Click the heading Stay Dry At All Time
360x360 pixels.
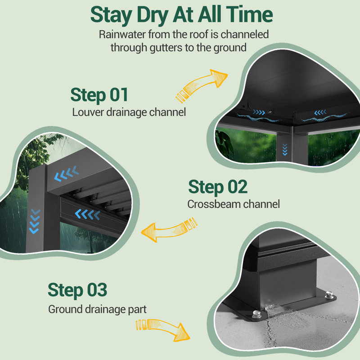[x=181, y=15]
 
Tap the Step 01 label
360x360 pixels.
[x=99, y=95]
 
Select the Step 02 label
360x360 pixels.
[x=218, y=187]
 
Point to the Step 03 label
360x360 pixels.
[x=77, y=290]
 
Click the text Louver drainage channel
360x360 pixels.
[x=129, y=112]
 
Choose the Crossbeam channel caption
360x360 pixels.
[x=234, y=204]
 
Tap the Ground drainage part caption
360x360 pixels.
[x=97, y=309]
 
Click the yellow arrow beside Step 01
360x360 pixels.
[x=202, y=85]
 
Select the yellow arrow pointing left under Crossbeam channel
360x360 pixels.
[x=169, y=229]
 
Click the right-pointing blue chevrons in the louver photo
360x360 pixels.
[x=259, y=112]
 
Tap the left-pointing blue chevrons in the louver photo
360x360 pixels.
[x=320, y=112]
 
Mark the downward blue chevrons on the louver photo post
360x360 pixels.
[x=285, y=149]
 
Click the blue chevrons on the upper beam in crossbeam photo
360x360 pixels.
[x=67, y=174]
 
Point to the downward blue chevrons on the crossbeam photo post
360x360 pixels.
[x=35, y=221]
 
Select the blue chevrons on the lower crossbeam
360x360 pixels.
[x=87, y=214]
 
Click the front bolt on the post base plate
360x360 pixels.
[x=256, y=314]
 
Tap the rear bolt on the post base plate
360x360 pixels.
[x=329, y=295]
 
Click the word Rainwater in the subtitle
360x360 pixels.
[x=122, y=35]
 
